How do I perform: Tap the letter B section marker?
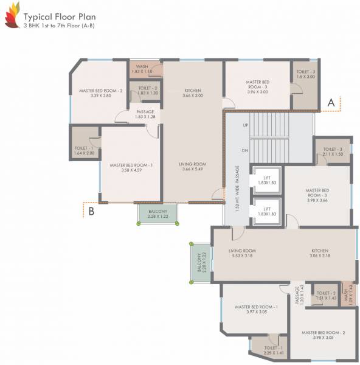click(x=91, y=211)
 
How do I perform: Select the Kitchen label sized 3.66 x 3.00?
click(x=192, y=93)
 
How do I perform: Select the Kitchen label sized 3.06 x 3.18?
click(x=320, y=253)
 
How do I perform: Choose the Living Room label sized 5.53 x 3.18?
click(x=242, y=253)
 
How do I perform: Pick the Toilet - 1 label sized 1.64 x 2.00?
click(x=84, y=150)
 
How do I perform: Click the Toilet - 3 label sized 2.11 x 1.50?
click(x=333, y=152)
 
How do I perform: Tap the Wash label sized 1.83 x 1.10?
click(x=142, y=69)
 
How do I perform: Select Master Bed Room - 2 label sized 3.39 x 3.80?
click(x=101, y=93)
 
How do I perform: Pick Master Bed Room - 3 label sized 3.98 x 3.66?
click(x=317, y=195)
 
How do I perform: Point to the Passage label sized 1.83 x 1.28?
click(x=145, y=114)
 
